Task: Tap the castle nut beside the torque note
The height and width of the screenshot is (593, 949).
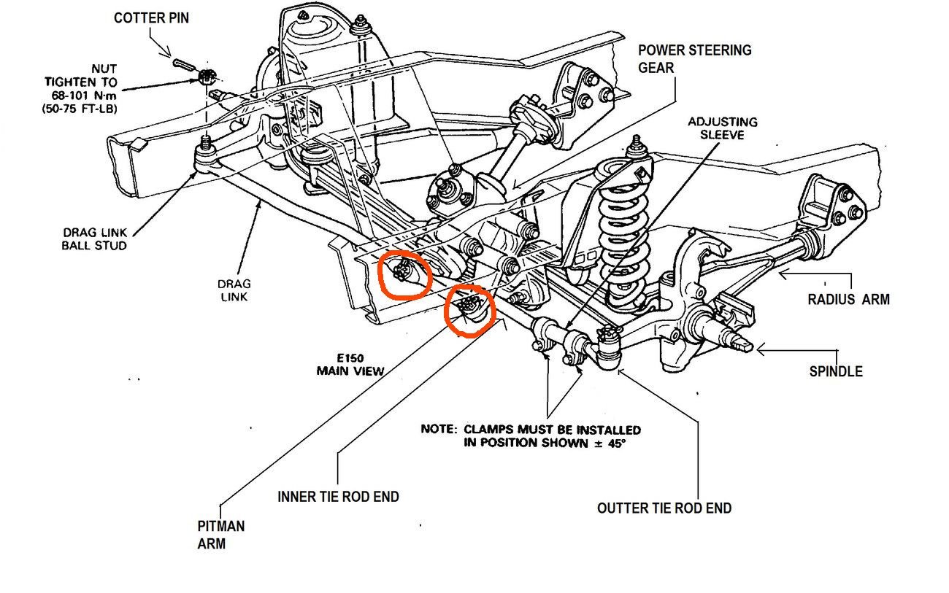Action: click(207, 76)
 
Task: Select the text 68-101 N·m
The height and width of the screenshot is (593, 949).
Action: click(80, 96)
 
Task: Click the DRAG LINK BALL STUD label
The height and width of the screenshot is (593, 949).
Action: click(93, 239)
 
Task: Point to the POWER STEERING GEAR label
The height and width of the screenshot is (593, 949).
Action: click(694, 59)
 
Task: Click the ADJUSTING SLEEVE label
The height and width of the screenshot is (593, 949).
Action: click(722, 129)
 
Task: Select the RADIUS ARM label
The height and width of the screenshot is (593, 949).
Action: click(848, 299)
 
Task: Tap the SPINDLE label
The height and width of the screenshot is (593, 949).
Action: click(836, 371)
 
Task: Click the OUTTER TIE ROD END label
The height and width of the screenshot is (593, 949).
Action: click(664, 508)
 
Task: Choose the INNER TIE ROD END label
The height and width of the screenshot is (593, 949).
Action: click(338, 497)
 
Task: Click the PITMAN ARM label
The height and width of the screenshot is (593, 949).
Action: click(220, 535)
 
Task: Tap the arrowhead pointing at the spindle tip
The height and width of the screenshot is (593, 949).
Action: click(760, 350)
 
